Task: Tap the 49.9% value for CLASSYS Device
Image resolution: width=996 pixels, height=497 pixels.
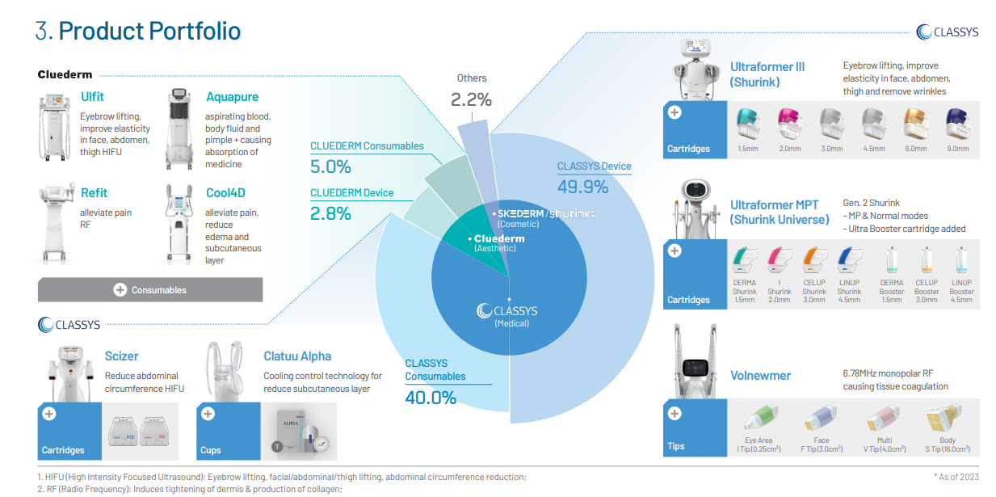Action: pos(582,187)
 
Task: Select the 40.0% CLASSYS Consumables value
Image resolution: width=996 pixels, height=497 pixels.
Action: pos(431,398)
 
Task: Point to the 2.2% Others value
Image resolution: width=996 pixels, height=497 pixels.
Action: pos(471,100)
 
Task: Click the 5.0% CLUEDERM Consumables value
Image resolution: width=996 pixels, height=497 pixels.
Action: pos(330,167)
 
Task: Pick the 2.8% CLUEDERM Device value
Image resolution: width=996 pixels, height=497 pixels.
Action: pos(330,213)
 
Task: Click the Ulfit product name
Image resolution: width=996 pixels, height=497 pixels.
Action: pos(92,97)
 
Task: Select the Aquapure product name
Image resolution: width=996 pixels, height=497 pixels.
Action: pos(232,97)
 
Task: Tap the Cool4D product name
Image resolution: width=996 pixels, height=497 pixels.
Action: pos(224,193)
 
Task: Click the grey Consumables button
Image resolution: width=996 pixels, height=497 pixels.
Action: pos(150,289)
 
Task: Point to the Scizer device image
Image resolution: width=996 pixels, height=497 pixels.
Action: pos(69,372)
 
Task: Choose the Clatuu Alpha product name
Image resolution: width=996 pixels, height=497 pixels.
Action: pos(297,356)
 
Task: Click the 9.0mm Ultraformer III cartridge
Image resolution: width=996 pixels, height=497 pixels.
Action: pos(956,127)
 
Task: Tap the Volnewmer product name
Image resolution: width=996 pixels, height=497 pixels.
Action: pos(760,376)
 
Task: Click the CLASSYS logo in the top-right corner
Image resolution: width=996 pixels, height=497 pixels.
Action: pos(948,32)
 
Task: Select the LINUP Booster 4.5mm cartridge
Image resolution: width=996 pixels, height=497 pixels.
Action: pos(961,262)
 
